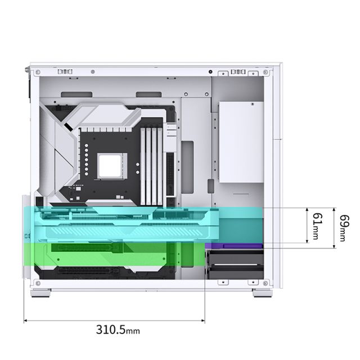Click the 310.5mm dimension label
click(118, 330)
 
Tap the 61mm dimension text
click(318, 226)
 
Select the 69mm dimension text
click(344, 228)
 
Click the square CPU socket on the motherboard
click(112, 166)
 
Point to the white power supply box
click(241, 142)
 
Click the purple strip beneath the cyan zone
click(234, 246)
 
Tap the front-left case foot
click(40, 293)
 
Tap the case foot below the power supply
click(263, 293)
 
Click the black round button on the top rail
click(210, 72)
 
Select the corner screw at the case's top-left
click(38, 72)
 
